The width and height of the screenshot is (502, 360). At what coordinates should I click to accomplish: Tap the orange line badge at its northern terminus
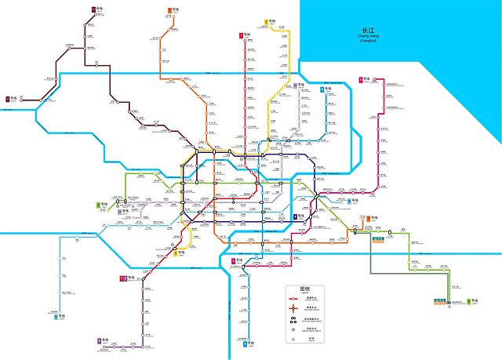click(x=170, y=10)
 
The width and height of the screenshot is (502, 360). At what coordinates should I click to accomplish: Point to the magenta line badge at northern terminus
click(x=360, y=79)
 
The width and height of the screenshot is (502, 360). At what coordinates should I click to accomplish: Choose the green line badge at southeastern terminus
click(x=467, y=301)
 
